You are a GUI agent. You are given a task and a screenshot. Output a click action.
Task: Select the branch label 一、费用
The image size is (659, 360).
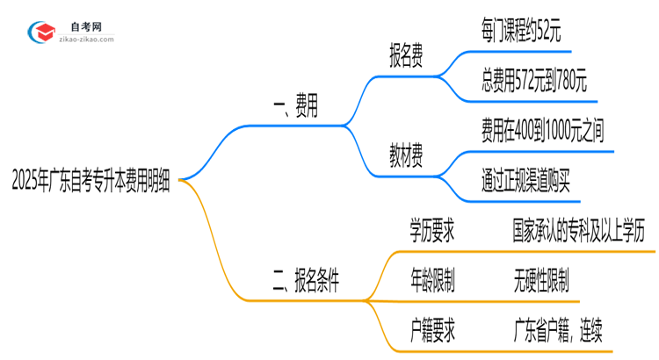tap(295, 109)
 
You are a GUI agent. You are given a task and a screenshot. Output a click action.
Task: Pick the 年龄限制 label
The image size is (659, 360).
tap(432, 281)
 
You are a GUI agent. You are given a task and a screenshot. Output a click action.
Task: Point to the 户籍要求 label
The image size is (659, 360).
tap(432, 330)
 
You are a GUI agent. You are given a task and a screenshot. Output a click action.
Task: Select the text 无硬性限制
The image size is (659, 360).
tap(541, 281)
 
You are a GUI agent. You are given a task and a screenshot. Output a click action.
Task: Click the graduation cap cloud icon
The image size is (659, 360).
tap(40, 32)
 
